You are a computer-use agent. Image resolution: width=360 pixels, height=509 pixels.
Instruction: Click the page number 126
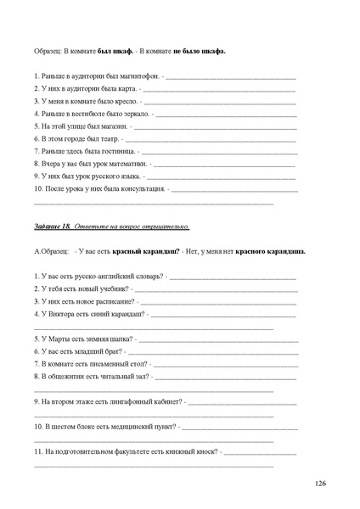coord(320,484)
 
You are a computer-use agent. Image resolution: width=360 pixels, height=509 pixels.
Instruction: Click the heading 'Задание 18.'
coord(54,227)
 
